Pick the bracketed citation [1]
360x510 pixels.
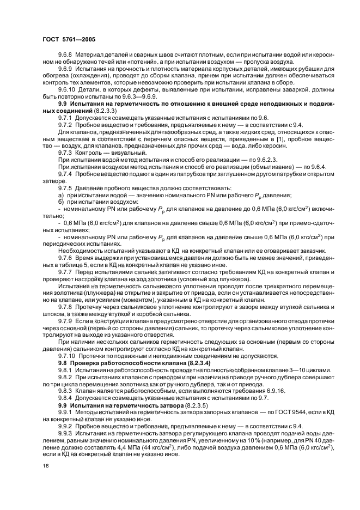(x=217, y=139)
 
